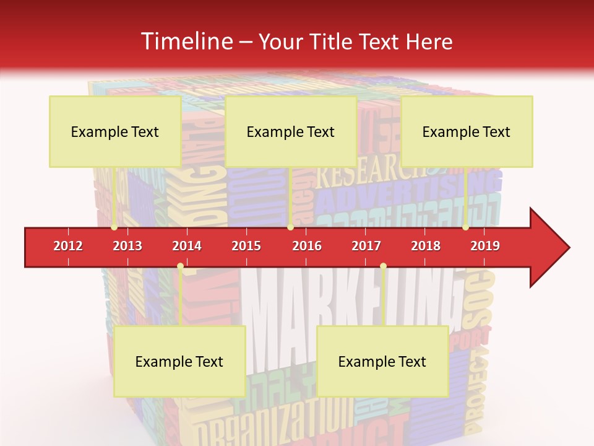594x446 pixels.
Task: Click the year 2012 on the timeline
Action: pyautogui.click(x=68, y=246)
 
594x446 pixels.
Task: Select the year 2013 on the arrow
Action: pyautogui.click(x=127, y=246)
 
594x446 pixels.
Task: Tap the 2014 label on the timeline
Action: pyautogui.click(x=187, y=246)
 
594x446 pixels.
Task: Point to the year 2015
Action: pyautogui.click(x=246, y=246)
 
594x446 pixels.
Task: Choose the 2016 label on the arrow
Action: pyautogui.click(x=307, y=246)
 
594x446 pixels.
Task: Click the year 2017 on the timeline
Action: pyautogui.click(x=366, y=246)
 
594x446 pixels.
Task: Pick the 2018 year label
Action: pyautogui.click(x=426, y=246)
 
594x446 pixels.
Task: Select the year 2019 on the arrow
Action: pyautogui.click(x=485, y=246)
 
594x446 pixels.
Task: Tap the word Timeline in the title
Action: pyautogui.click(x=186, y=42)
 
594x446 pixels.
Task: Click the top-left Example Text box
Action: pyautogui.click(x=115, y=131)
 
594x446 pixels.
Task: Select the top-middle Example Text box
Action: pyautogui.click(x=291, y=131)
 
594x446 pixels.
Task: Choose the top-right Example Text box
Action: pyautogui.click(x=467, y=131)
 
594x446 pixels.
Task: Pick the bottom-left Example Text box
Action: pyautogui.click(x=179, y=361)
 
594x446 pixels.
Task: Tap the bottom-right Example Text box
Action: pyautogui.click(x=382, y=361)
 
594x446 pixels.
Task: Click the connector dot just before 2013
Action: pyautogui.click(x=114, y=227)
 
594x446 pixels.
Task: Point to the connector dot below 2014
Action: pyautogui.click(x=180, y=266)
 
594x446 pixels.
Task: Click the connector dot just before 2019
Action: pyautogui.click(x=465, y=227)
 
